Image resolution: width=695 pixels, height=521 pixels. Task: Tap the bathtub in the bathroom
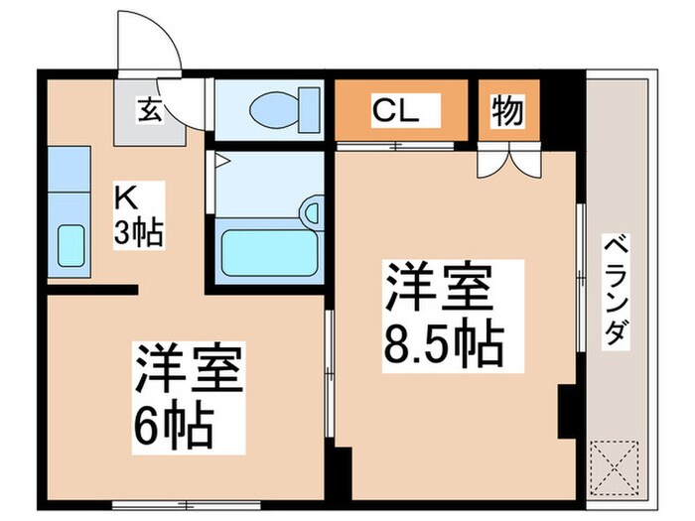pyautogui.click(x=269, y=252)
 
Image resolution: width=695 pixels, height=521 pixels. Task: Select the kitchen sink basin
pyautogui.click(x=70, y=244)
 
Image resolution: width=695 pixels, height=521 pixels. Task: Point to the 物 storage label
pyautogui.click(x=507, y=111)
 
